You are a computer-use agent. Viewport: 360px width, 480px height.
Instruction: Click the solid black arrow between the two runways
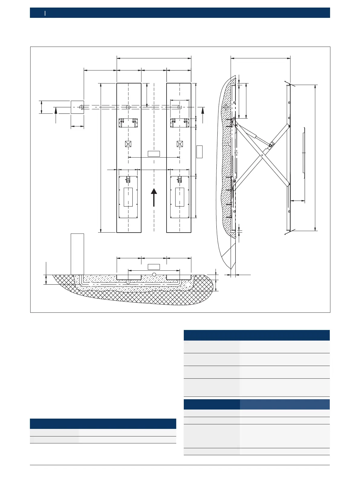point(154,197)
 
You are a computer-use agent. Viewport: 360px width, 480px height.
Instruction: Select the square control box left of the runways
point(77,107)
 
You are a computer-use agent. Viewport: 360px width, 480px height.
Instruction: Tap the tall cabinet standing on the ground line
point(77,254)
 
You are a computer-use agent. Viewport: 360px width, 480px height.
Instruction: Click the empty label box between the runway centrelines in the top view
point(154,153)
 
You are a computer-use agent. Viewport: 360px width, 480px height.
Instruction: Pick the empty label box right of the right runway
point(199,152)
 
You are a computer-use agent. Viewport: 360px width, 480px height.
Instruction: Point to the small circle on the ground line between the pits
point(154,274)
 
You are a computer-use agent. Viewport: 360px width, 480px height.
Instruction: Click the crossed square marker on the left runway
point(128,144)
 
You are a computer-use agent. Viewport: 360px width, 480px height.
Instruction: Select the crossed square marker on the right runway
point(180,144)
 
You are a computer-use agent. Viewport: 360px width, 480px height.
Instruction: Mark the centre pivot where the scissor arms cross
point(261,156)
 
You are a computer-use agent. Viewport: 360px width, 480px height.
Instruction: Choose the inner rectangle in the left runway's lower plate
point(128,197)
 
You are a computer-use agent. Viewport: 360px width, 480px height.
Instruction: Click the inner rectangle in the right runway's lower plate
point(180,197)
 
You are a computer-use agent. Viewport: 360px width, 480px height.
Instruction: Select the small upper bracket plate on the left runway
point(128,123)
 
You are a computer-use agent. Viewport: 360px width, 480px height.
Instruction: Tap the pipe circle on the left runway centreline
point(128,107)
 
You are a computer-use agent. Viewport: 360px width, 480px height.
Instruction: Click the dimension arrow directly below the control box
point(77,127)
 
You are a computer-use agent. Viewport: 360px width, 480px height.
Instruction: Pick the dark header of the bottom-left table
point(103,423)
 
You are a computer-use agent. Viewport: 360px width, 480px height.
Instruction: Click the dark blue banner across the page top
point(180,13)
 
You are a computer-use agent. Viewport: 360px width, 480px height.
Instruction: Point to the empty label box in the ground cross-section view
point(154,267)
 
